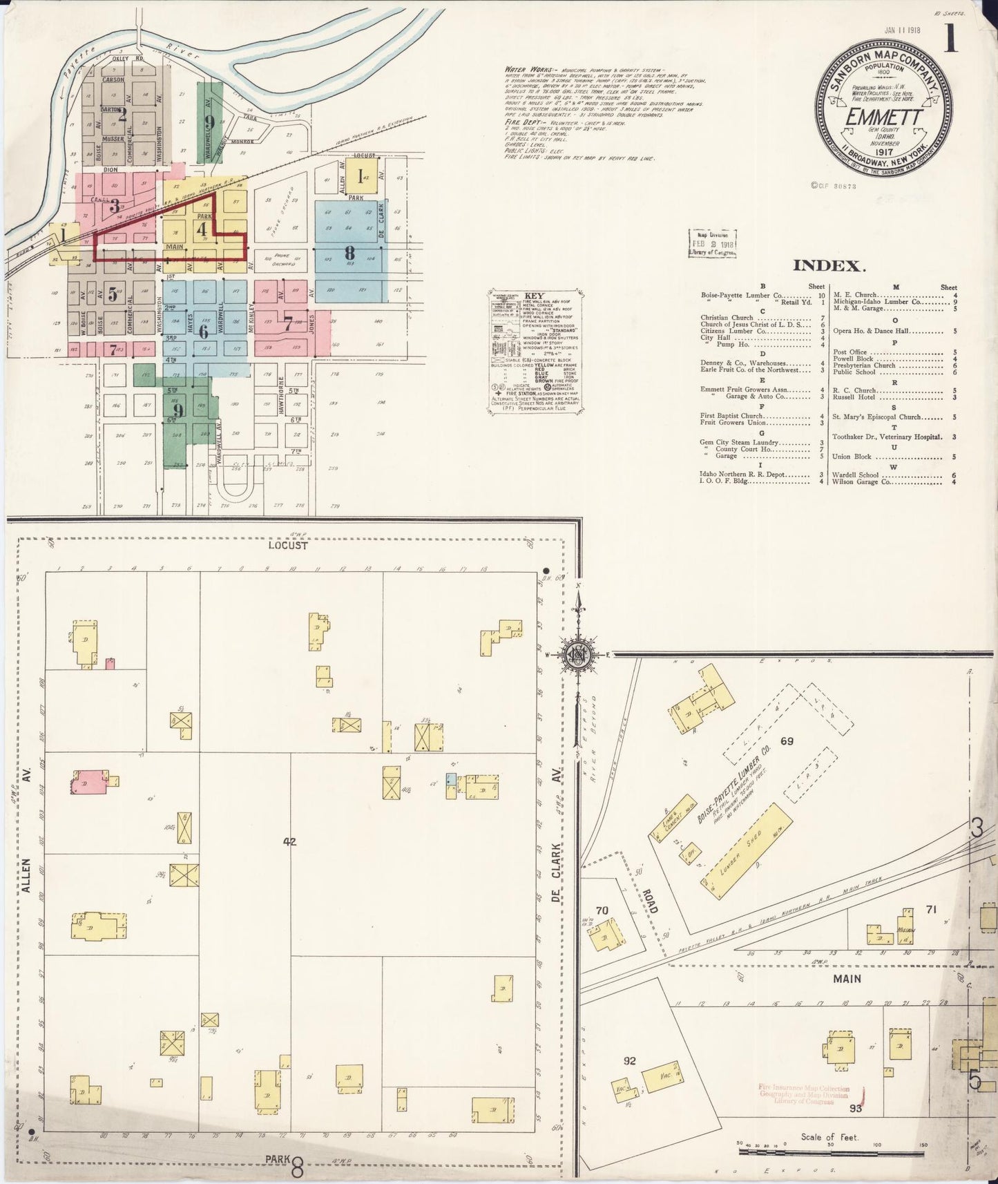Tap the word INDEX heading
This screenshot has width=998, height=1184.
point(829,266)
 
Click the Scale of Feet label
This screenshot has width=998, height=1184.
point(829,1137)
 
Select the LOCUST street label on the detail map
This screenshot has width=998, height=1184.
point(289,545)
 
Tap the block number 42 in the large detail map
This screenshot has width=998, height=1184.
point(289,841)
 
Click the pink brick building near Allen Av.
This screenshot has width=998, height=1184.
point(89,783)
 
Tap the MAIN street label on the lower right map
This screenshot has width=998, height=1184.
point(847,978)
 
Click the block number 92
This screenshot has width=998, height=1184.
point(629,1061)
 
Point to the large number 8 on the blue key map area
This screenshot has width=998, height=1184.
point(349,252)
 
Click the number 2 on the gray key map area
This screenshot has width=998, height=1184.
point(122,115)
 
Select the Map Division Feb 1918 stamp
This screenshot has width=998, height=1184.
point(713,244)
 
